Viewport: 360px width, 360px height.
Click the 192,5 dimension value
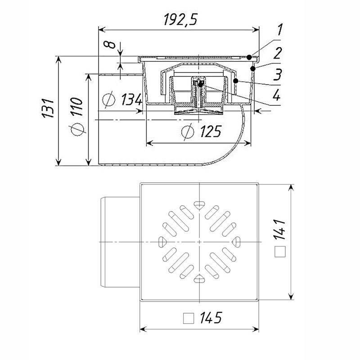pos(180,19)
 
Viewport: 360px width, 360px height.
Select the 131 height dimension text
pos(48,108)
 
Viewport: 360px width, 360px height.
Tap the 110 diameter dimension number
pos(76,107)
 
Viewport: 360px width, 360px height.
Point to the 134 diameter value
pos(131,99)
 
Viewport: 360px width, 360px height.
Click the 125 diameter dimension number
pos(211,131)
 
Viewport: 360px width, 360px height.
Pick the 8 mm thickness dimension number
pos(109,45)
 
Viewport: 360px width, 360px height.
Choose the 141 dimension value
pos(280,229)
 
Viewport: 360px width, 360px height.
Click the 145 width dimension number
pos(211,318)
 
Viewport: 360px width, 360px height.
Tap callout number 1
pos(279,30)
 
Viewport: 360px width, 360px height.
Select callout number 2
pos(277,53)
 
